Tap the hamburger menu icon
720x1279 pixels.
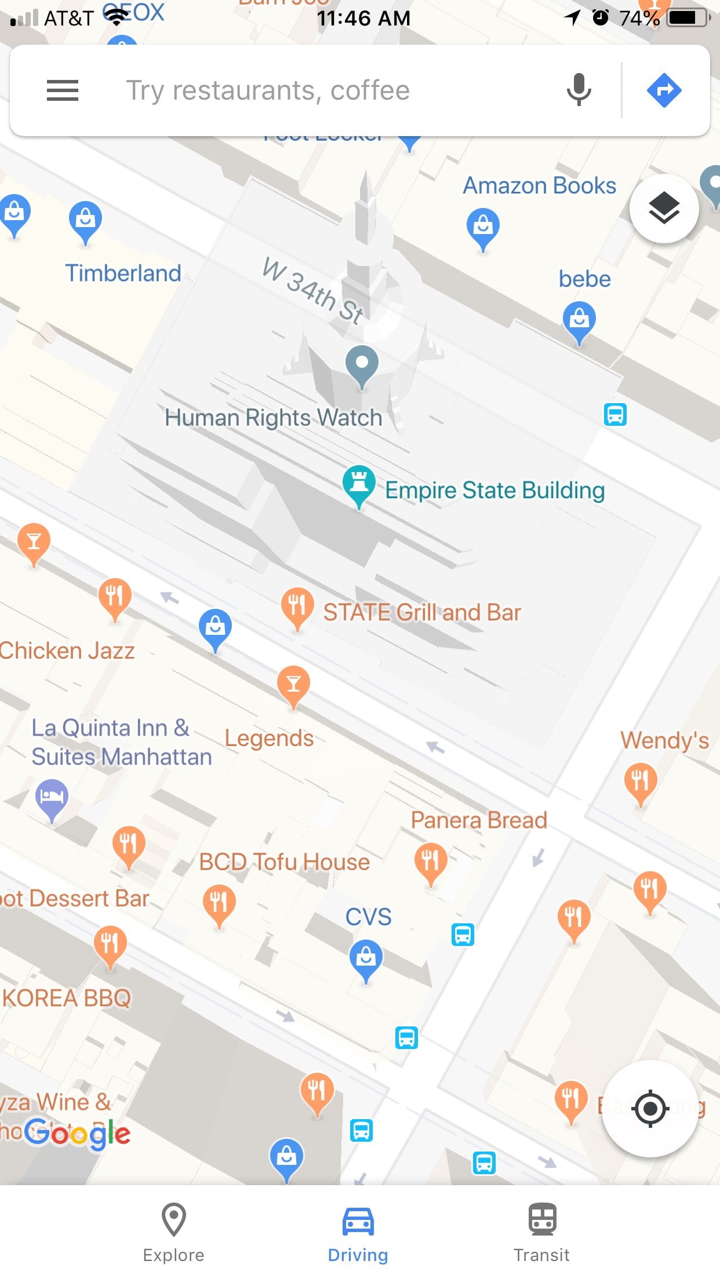63,90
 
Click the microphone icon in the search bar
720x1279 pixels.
579,90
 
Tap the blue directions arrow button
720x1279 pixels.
664,90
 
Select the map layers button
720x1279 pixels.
664,209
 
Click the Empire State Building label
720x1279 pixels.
495,491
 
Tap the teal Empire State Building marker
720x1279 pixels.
359,484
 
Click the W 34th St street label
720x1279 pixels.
313,290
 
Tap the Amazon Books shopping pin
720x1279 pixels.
483,227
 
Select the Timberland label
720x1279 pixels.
123,273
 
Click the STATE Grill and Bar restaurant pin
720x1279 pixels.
297,606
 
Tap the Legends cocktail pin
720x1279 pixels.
293,685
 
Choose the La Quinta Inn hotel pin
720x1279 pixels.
52,798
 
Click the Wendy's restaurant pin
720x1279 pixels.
641,782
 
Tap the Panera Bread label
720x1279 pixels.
479,820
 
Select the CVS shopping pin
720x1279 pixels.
366,959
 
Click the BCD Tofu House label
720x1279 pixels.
284,862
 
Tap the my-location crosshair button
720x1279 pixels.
650,1109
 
